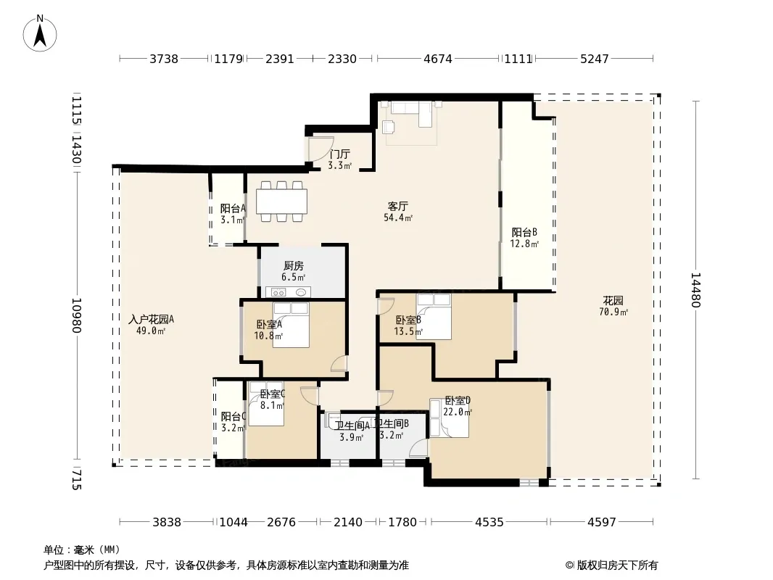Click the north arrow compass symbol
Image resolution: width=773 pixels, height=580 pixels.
pyautogui.click(x=40, y=33)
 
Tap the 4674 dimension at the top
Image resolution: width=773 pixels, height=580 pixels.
pyautogui.click(x=438, y=59)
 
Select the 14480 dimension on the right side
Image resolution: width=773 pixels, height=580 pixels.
pyautogui.click(x=695, y=290)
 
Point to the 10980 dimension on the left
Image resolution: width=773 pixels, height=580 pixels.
pyautogui.click(x=76, y=315)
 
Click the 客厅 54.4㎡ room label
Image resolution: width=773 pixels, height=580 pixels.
pyautogui.click(x=398, y=212)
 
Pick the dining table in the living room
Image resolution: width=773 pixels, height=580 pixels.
pyautogui.click(x=281, y=202)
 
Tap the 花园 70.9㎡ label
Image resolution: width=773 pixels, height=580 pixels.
pyautogui.click(x=613, y=306)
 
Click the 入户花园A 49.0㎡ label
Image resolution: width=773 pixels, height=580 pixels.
pyautogui.click(x=151, y=325)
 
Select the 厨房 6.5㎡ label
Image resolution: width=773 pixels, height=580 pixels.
pyautogui.click(x=294, y=272)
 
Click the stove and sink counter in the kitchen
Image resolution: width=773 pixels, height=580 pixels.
pyautogui.click(x=289, y=292)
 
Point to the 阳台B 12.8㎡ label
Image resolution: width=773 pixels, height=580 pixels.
pyautogui.click(x=524, y=238)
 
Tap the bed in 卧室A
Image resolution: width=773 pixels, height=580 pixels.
pyautogui.click(x=291, y=325)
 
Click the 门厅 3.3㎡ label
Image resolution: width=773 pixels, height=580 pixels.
pyautogui.click(x=339, y=159)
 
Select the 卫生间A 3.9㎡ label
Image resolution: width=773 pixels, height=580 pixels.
pyautogui.click(x=352, y=431)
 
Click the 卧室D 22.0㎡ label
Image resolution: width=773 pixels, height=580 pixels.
pyautogui.click(x=458, y=406)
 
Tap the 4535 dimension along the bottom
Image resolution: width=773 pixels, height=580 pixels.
pyautogui.click(x=489, y=522)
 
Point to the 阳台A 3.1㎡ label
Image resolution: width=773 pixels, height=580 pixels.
pyautogui.click(x=233, y=214)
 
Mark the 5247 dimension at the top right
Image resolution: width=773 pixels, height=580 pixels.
pyautogui.click(x=594, y=59)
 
